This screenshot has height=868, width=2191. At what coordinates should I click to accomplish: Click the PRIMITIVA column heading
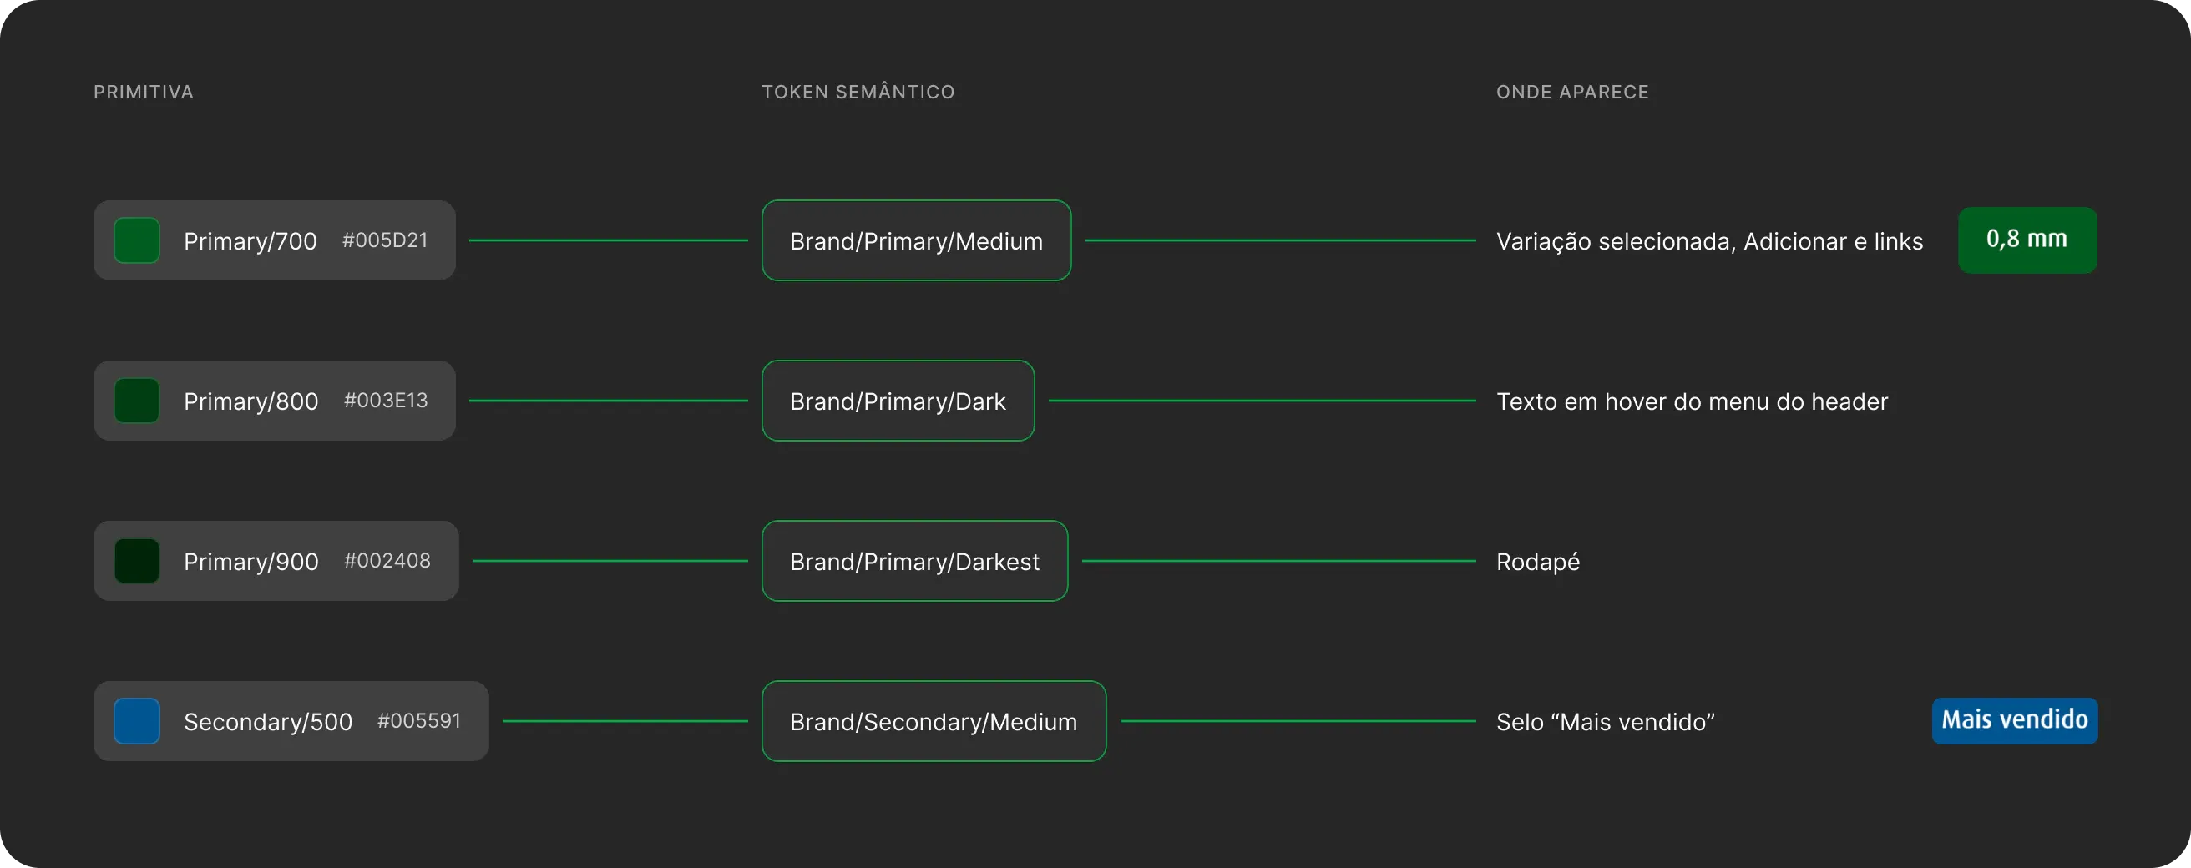[144, 92]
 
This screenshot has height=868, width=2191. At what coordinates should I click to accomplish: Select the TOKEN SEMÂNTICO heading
[858, 91]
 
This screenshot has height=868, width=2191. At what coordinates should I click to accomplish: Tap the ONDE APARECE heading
[1572, 92]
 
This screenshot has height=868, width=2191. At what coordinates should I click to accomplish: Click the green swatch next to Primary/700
[137, 240]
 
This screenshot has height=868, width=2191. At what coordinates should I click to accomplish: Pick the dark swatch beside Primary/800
[137, 401]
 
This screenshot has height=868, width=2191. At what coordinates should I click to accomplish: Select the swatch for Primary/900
[137, 561]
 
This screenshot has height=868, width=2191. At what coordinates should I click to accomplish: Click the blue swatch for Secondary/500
[137, 721]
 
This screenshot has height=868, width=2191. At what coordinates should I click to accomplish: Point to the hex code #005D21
[384, 240]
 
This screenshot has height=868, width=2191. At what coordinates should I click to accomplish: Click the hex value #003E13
[385, 401]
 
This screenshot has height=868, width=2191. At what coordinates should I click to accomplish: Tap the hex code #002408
[387, 561]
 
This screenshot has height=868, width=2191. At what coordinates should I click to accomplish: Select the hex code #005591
[419, 721]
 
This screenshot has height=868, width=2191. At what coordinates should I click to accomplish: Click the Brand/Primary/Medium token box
[916, 240]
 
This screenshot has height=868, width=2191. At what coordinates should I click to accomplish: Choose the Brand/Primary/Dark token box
[898, 401]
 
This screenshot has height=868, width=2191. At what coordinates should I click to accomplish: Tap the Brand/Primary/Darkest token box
[914, 561]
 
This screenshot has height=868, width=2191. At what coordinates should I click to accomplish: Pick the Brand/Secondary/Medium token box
[934, 721]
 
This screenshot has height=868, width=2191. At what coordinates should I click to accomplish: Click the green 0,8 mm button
[2027, 240]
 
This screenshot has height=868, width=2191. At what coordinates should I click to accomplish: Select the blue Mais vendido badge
[2014, 721]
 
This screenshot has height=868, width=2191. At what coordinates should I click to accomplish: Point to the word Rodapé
[1538, 562]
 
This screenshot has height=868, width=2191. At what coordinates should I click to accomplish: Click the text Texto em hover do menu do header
[1692, 401]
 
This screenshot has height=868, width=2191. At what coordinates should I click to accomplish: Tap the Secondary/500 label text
[268, 722]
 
